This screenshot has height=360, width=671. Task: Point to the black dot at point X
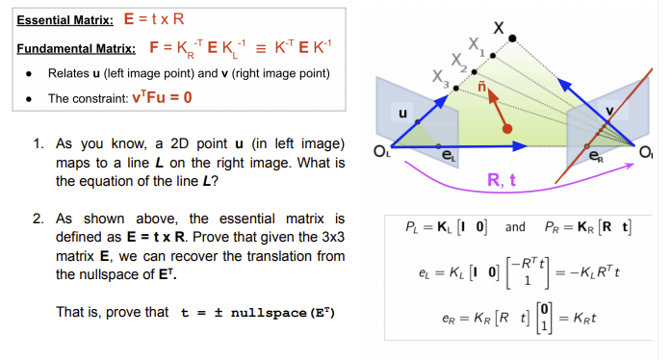[514, 39]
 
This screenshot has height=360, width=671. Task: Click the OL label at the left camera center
[381, 150]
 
